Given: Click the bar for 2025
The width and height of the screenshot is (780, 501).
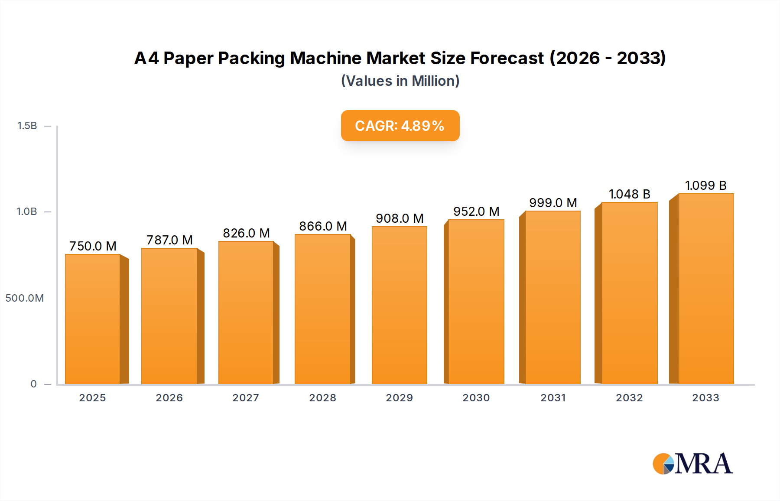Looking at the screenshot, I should click(x=93, y=319).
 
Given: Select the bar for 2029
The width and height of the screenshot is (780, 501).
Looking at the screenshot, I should click(x=399, y=305).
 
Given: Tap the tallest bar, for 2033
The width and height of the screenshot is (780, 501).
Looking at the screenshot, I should click(x=706, y=289).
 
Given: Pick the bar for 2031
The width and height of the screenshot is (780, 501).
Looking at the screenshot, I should click(x=552, y=297).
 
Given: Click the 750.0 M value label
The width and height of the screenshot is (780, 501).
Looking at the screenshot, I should click(x=93, y=246).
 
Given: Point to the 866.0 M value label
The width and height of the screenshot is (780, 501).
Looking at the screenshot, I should click(x=323, y=226).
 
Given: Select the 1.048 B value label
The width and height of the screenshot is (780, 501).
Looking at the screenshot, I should click(x=629, y=194).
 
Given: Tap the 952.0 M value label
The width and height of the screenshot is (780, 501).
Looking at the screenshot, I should click(x=476, y=211).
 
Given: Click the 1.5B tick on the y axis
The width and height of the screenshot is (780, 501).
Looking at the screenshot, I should click(x=27, y=126).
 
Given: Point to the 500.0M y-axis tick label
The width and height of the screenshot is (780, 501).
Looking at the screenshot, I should click(x=25, y=298).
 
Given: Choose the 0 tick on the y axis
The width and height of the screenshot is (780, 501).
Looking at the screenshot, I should click(x=33, y=384).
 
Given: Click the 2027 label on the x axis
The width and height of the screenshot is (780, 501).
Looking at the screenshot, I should click(x=246, y=398).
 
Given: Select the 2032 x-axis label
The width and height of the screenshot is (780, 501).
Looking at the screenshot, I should click(x=629, y=398).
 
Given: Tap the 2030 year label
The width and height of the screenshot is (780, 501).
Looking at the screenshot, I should click(x=476, y=398).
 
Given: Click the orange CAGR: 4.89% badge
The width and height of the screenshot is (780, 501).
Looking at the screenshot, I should click(x=400, y=126).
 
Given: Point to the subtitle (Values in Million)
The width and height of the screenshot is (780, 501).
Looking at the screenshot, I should click(x=400, y=81).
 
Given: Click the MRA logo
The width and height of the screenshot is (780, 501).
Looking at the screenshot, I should click(x=692, y=464).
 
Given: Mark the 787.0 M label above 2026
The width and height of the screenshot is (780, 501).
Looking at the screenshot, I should click(x=169, y=240).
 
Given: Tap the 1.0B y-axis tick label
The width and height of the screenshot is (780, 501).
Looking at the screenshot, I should click(x=27, y=211).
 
